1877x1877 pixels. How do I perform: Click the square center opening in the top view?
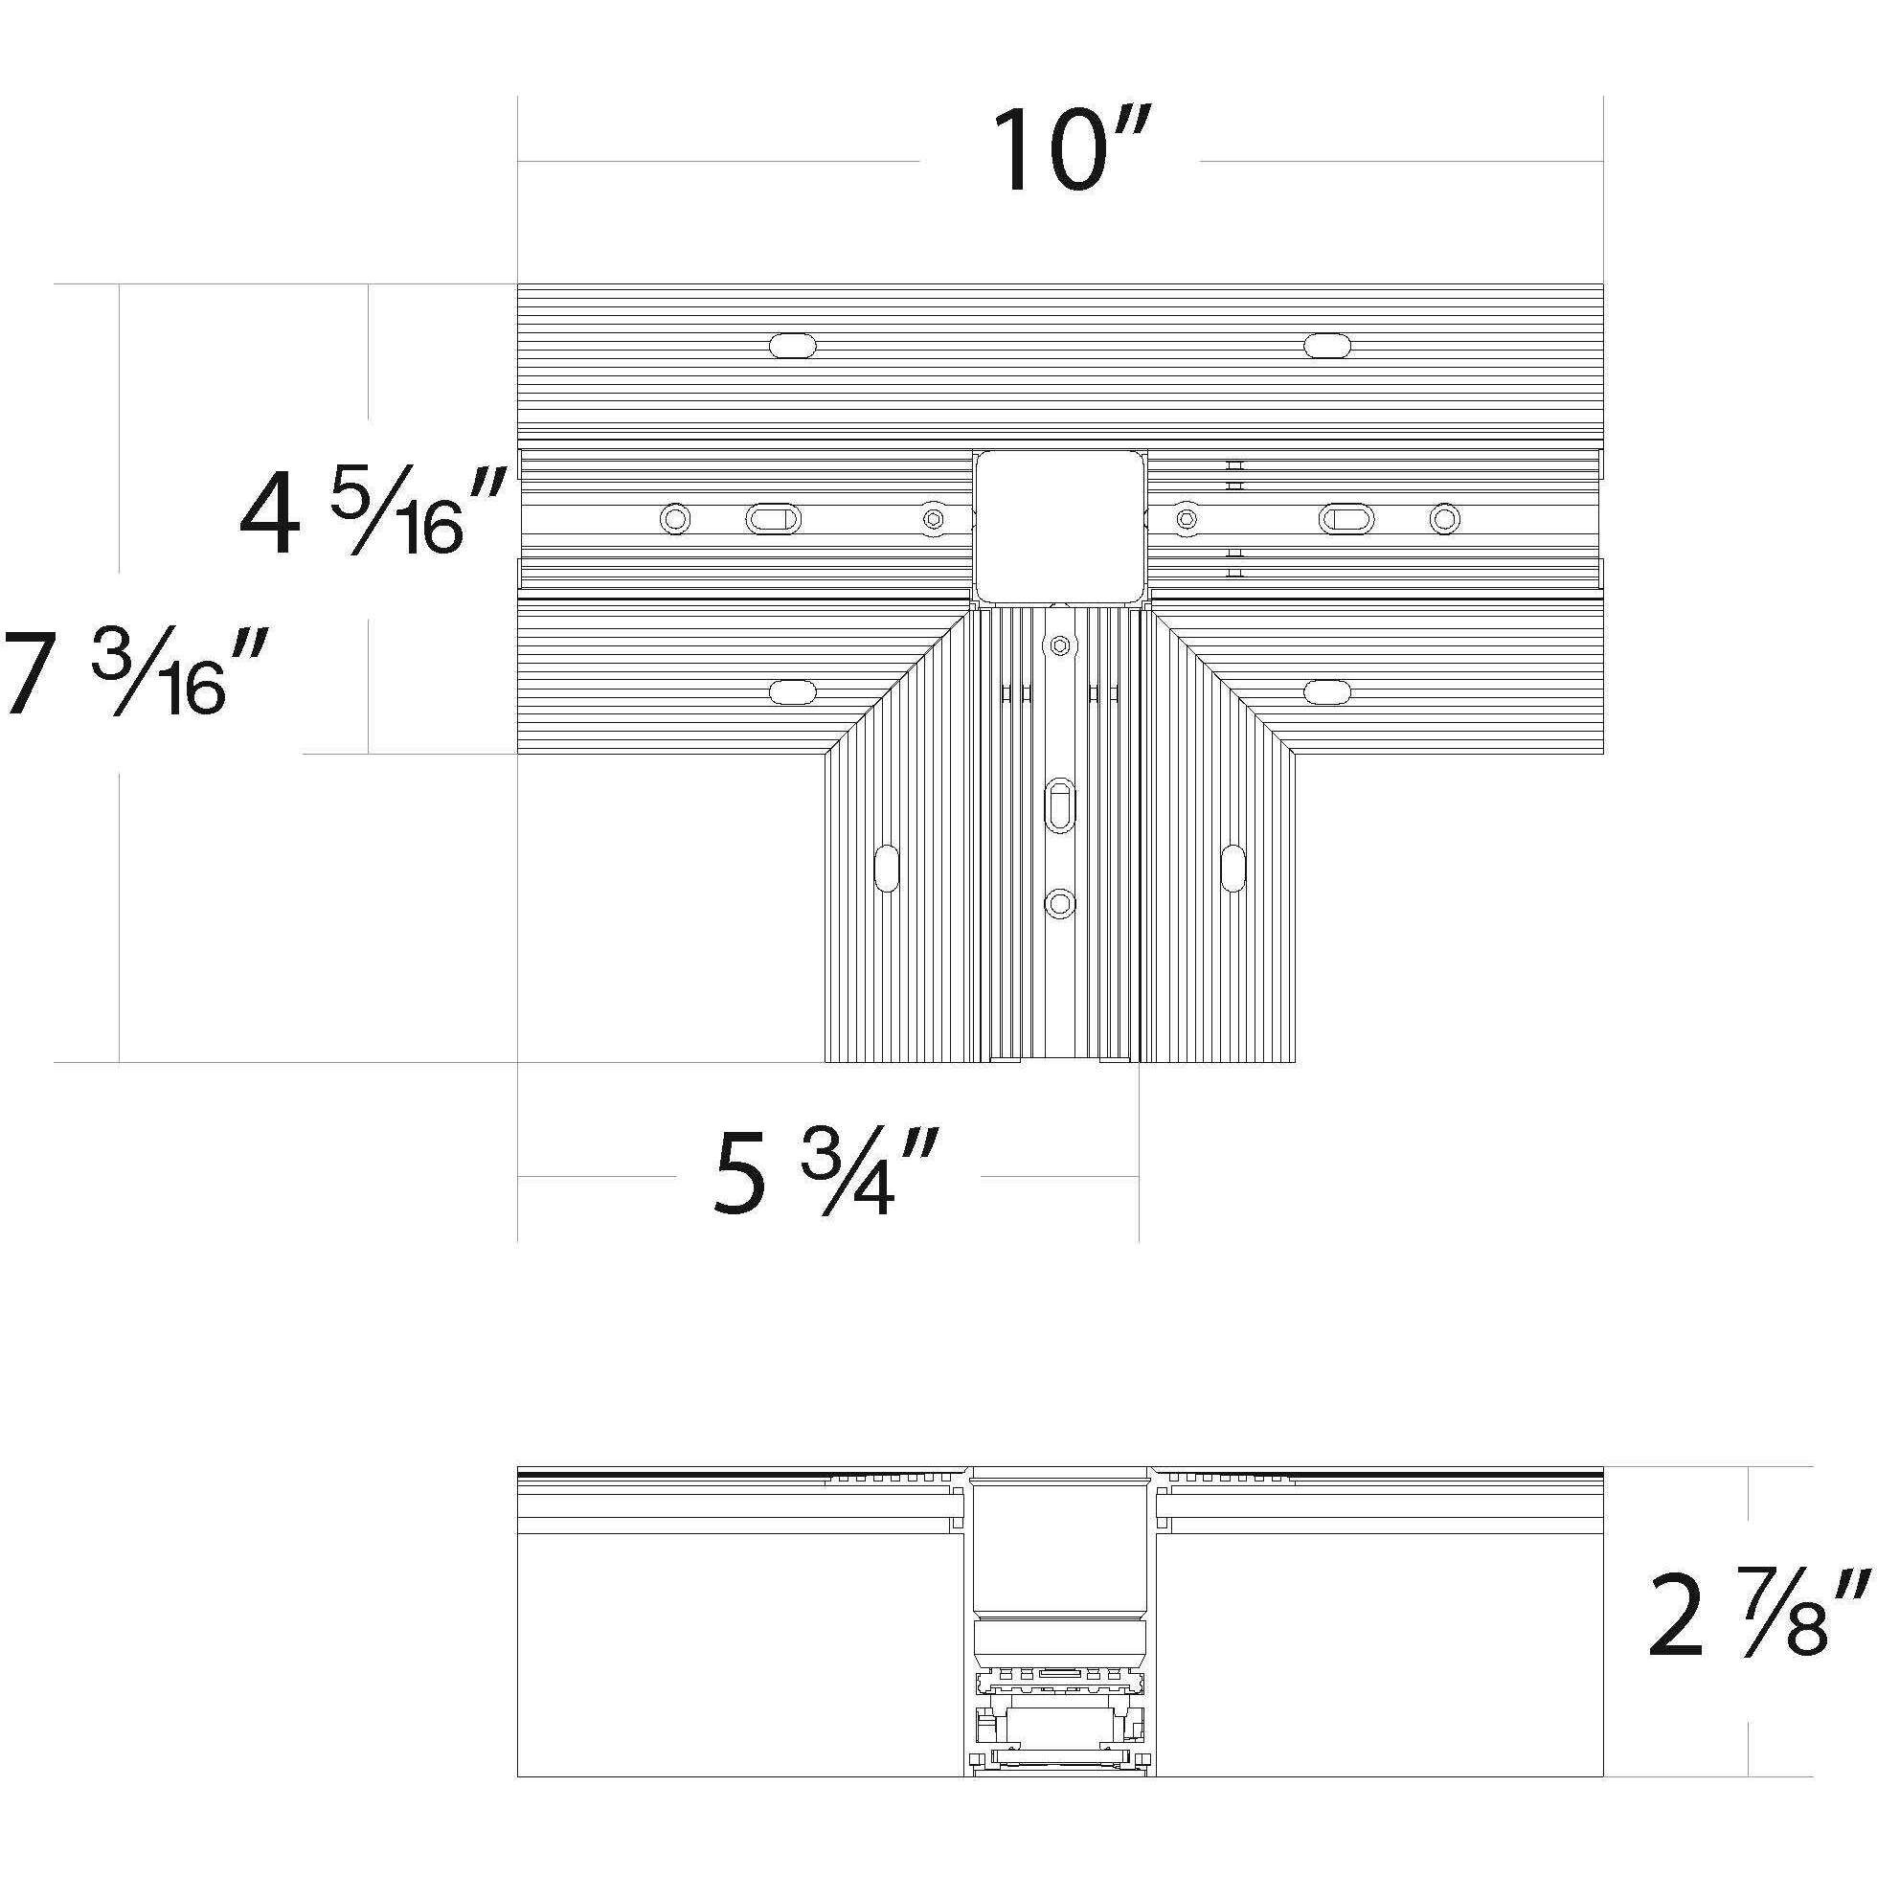pos(1060,526)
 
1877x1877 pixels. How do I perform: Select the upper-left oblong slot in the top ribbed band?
pos(792,345)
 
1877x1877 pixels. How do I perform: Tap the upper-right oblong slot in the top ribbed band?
pos(1327,345)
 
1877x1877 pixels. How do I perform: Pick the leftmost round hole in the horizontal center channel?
pos(674,519)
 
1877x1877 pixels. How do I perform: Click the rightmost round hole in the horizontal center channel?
pos(1445,519)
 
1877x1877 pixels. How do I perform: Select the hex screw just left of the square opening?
pos(934,519)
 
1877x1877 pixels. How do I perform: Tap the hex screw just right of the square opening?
pos(1186,519)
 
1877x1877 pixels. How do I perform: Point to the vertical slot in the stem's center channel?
pos(1060,804)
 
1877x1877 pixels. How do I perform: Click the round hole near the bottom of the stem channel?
pos(1060,904)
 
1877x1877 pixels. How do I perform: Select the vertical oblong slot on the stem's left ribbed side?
pos(887,868)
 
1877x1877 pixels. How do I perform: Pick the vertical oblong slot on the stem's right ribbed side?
pos(1232,868)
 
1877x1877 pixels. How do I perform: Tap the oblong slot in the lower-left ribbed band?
pos(792,691)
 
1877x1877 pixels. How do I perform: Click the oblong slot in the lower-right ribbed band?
pos(1327,691)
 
